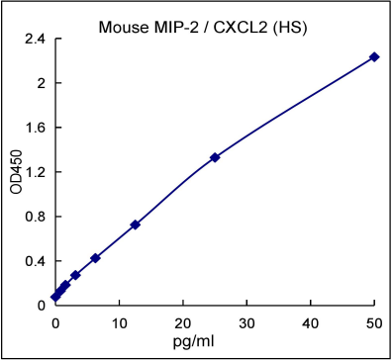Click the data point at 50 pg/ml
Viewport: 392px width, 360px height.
point(374,56)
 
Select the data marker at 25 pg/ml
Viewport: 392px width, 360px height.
point(215,157)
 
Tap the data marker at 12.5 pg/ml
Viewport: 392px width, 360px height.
point(136,225)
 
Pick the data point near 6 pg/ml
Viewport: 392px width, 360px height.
point(95,258)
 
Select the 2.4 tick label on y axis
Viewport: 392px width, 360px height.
point(36,40)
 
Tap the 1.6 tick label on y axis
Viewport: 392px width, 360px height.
point(36,128)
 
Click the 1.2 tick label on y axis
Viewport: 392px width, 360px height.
point(36,172)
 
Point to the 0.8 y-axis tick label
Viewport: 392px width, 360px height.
point(36,217)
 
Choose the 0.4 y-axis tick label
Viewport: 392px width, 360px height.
point(36,261)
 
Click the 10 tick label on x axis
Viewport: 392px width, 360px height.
point(119,322)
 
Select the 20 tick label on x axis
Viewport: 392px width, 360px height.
point(183,322)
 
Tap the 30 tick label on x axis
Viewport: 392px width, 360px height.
point(246,322)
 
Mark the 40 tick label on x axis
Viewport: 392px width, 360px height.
point(311,322)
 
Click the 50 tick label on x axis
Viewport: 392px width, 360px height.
point(374,322)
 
